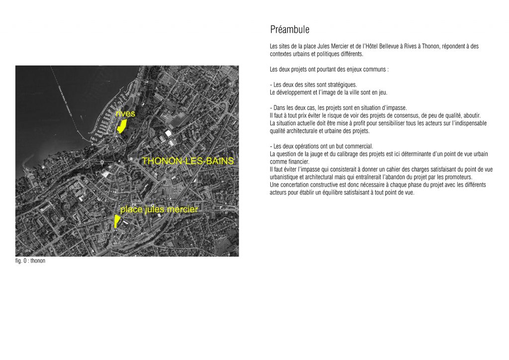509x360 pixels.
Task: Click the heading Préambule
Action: pyautogui.click(x=290, y=30)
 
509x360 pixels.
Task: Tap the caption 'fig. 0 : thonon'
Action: pyautogui.click(x=30, y=261)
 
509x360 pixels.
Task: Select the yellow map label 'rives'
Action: pyautogui.click(x=125, y=114)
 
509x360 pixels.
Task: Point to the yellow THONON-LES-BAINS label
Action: pyautogui.click(x=187, y=162)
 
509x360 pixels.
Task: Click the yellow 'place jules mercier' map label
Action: pyautogui.click(x=159, y=210)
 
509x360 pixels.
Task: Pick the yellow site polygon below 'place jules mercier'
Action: pyautogui.click(x=116, y=221)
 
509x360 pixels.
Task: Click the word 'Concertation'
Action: pyautogui.click(x=293, y=184)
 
